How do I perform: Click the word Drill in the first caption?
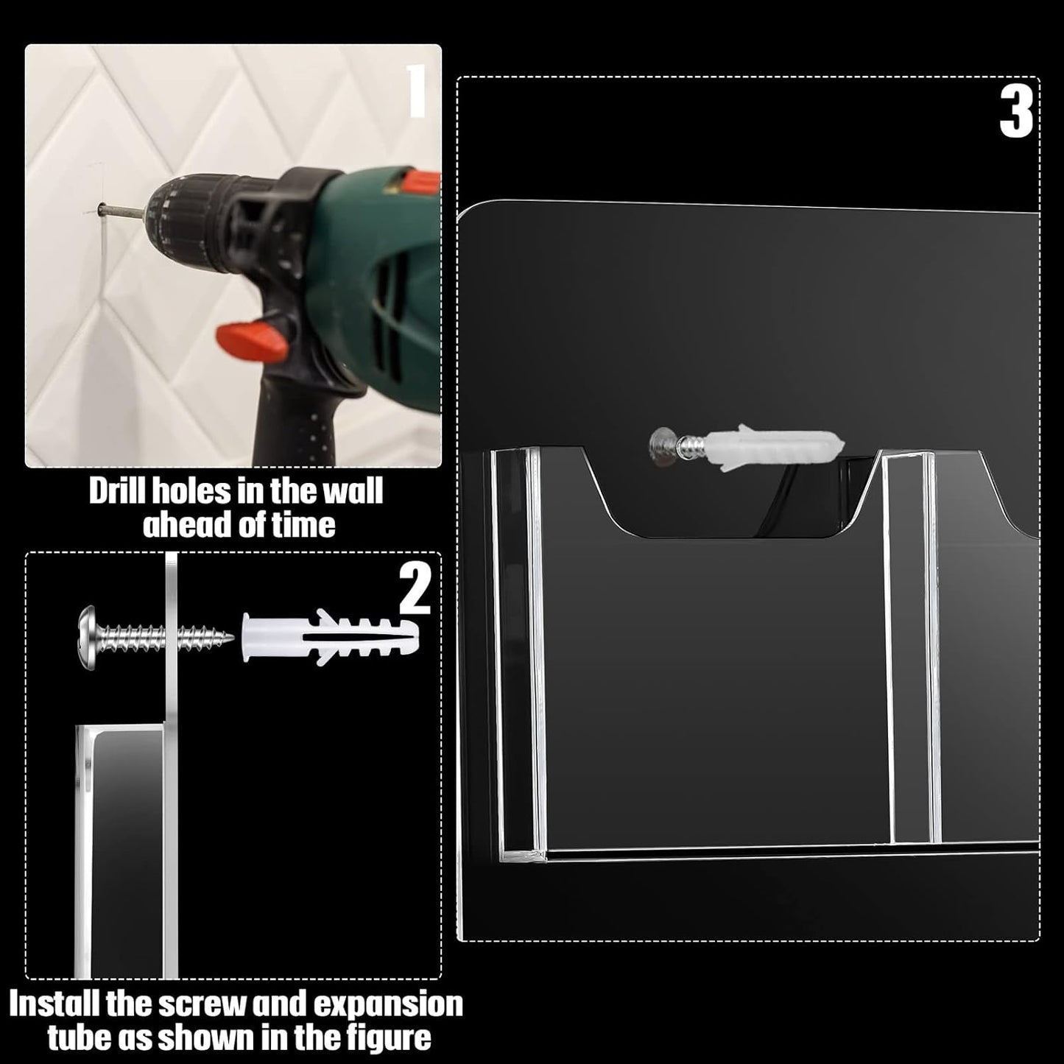tap(115, 492)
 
